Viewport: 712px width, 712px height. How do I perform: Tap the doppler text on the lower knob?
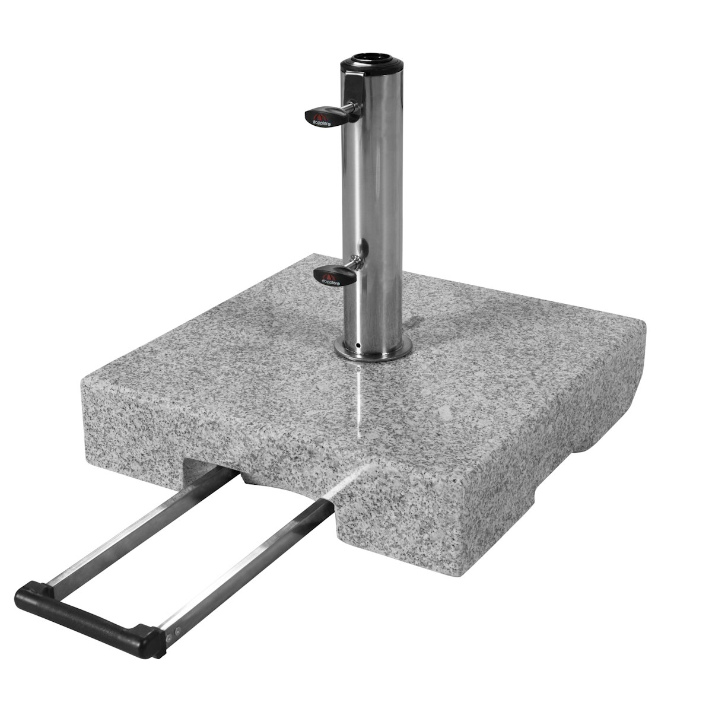tap(330, 282)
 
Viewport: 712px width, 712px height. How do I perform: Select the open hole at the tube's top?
tap(370, 58)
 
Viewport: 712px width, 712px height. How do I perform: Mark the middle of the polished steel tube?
tap(373, 202)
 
